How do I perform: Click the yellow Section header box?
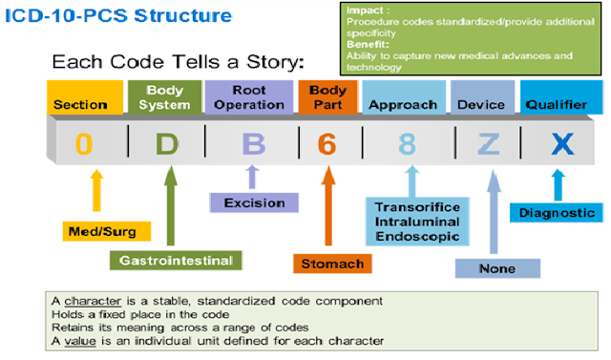coord(85,97)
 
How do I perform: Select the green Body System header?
coord(165,97)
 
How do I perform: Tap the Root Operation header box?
coord(249,97)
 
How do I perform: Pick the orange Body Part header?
coord(327,97)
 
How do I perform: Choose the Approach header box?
coord(404,97)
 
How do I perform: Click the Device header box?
coord(482,97)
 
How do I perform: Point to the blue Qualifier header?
coord(561,97)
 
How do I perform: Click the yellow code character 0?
coord(84,144)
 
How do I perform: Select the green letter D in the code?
coord(167,144)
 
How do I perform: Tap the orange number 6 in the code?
coord(327,144)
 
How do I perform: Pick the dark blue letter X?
coord(562,144)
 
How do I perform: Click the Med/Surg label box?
coord(107,231)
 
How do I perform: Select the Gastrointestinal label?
coord(176,261)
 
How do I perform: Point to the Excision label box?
coord(254,202)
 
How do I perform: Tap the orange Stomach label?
coord(332,264)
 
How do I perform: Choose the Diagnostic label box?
coord(557,213)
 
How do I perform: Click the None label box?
coord(497,268)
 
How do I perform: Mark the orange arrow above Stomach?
coord(328,205)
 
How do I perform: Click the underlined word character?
coord(93,301)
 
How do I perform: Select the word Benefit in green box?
coord(368,44)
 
